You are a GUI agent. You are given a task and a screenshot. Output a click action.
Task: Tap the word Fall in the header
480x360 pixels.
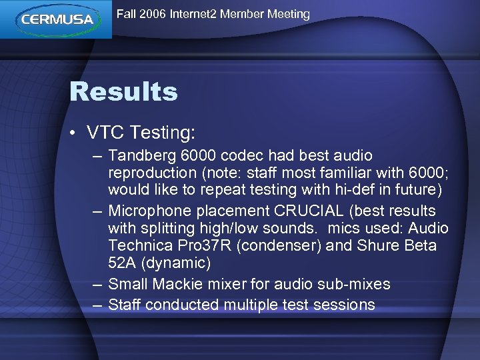[x=127, y=14]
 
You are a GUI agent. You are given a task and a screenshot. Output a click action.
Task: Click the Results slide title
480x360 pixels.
[x=123, y=92]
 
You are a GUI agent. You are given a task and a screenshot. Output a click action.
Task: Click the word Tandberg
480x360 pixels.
[x=142, y=156]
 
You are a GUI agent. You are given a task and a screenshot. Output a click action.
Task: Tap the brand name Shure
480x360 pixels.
[x=376, y=246]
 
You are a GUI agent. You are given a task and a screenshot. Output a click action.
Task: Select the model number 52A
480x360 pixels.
[x=123, y=263]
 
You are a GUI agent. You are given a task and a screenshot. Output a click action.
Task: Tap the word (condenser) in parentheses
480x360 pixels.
[x=279, y=246]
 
